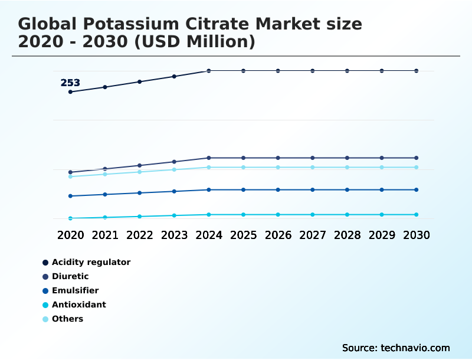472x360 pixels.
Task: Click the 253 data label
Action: (x=70, y=83)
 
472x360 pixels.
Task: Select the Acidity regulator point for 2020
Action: (x=70, y=92)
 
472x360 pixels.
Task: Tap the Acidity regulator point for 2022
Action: (x=140, y=81)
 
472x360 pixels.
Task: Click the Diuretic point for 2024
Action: (x=209, y=158)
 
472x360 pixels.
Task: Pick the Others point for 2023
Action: (x=174, y=169)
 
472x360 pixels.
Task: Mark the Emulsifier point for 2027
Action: (x=313, y=190)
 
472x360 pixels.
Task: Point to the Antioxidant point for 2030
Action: (x=417, y=215)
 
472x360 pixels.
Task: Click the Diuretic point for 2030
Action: (x=417, y=158)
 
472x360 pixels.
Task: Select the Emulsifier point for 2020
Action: (x=70, y=196)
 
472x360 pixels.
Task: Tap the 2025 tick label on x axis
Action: (x=243, y=235)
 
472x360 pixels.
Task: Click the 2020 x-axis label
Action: (x=70, y=235)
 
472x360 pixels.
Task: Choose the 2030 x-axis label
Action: (x=417, y=235)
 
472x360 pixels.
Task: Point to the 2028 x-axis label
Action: (x=347, y=235)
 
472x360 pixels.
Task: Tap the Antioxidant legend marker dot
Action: (x=45, y=305)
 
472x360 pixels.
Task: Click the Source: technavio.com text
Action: (x=396, y=348)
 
